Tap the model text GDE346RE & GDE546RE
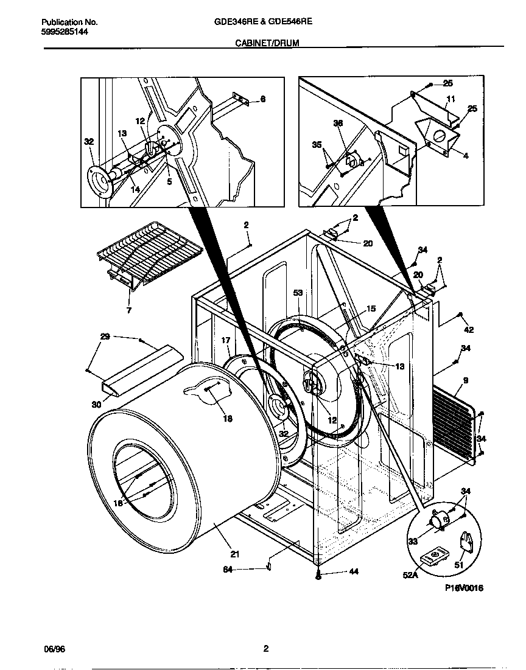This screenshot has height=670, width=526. point(263,21)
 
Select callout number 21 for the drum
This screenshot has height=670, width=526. point(234,554)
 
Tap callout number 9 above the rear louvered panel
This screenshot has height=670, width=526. point(465,381)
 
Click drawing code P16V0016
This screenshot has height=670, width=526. point(464,588)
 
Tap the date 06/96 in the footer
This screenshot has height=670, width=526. point(54,649)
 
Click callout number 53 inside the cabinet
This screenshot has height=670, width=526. point(298,293)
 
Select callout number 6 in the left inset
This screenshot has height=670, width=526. point(263,99)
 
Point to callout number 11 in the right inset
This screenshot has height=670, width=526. point(451,99)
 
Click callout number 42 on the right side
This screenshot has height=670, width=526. point(468,330)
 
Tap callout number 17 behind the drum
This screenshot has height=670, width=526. point(225,340)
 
